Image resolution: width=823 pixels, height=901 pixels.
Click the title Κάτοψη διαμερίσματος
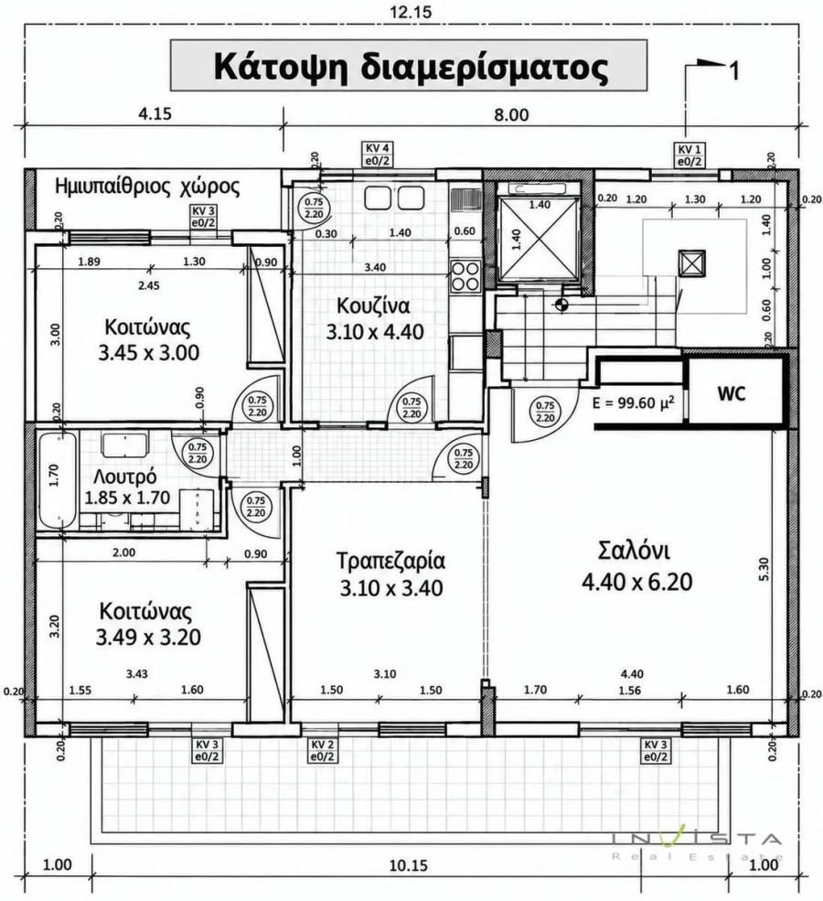pyautogui.click(x=410, y=67)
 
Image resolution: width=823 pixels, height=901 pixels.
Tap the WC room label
pyautogui.click(x=732, y=393)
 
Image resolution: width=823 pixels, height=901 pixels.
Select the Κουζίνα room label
pyautogui.click(x=373, y=306)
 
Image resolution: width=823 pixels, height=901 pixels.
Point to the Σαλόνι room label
pyautogui.click(x=634, y=550)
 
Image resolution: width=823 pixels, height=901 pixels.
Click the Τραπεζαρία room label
pyautogui.click(x=390, y=560)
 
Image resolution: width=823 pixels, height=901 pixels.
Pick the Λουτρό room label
pyautogui.click(x=124, y=477)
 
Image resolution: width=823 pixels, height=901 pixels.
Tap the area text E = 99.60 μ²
pyautogui.click(x=633, y=402)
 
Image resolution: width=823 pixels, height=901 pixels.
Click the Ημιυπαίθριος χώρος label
pyautogui.click(x=147, y=187)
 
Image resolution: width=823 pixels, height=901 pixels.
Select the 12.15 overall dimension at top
pyautogui.click(x=411, y=11)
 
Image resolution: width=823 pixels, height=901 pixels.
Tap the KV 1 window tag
pyautogui.click(x=689, y=156)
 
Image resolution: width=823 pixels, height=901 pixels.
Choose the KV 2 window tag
pyautogui.click(x=322, y=750)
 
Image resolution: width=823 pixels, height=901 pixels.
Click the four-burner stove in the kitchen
pyautogui.click(x=465, y=276)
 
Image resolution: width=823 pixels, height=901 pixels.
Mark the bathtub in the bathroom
pyautogui.click(x=58, y=480)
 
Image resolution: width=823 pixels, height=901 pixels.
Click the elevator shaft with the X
pyautogui.click(x=537, y=235)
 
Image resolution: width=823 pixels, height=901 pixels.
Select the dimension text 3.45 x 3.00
pyautogui.click(x=149, y=352)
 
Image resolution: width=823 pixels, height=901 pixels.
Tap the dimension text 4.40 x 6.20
pyautogui.click(x=637, y=582)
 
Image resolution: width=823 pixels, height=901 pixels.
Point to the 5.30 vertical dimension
pyautogui.click(x=764, y=569)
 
